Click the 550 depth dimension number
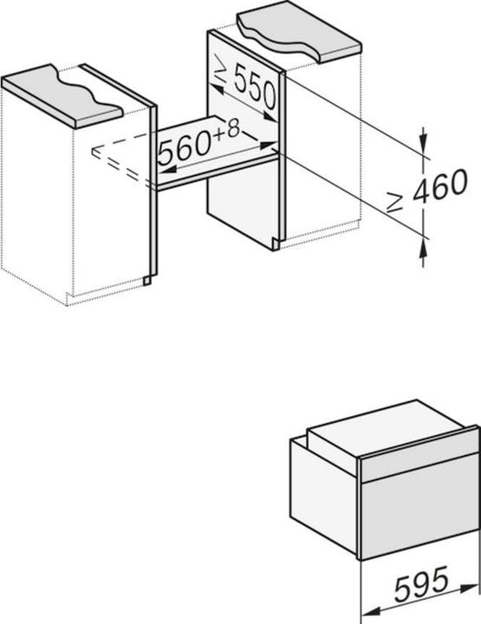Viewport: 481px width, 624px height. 255,87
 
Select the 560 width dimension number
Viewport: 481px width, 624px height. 184,148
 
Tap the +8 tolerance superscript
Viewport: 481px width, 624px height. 227,130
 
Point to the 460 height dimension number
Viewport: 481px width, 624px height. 440,185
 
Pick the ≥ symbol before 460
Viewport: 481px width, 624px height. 396,202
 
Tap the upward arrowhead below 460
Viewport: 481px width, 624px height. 423,249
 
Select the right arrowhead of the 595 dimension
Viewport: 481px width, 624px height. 469,588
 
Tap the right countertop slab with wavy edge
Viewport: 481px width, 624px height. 299,31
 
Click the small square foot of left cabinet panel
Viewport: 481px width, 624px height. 147,281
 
